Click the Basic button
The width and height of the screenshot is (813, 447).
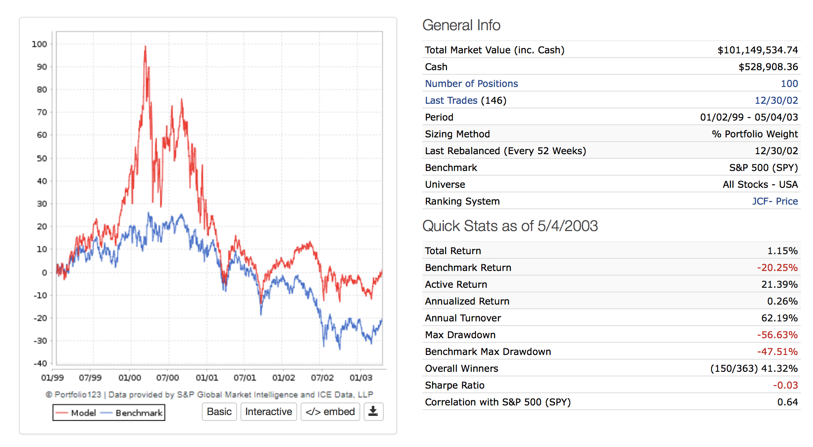point(219,412)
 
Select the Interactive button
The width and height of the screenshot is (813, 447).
point(269,412)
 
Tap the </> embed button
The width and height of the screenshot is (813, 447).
point(330,412)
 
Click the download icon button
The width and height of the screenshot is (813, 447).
point(373,412)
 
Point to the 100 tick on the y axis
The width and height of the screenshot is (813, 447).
point(40,44)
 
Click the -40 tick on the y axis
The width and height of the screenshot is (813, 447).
point(40,363)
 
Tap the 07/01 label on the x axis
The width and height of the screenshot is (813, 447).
point(245,378)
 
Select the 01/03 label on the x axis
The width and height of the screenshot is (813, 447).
point(361,378)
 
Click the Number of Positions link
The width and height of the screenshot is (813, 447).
point(471,84)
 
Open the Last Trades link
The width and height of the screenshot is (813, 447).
point(451,100)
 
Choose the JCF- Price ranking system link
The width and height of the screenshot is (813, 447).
point(775,201)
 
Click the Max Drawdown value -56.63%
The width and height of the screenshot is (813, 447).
point(777,335)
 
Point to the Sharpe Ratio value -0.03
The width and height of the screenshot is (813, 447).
point(785,385)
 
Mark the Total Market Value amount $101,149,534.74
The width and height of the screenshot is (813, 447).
point(758,50)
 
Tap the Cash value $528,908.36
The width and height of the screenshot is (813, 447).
point(768,67)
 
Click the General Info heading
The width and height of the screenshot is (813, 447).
point(461,25)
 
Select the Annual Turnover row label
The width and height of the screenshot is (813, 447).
point(463,318)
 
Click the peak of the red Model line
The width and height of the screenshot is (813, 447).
point(145,46)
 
